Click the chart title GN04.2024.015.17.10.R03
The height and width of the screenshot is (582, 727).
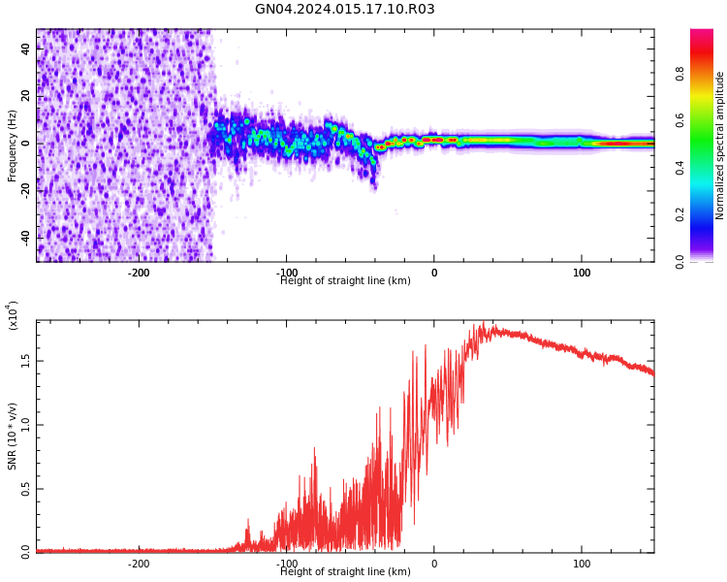tap(345, 10)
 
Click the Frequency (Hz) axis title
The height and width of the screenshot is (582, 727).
tap(13, 145)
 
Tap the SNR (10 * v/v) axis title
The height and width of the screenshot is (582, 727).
tap(13, 437)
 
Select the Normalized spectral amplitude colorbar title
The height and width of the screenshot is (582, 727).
tap(720, 145)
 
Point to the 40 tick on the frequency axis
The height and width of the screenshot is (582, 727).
tap(25, 49)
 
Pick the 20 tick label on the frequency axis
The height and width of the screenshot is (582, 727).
tap(25, 96)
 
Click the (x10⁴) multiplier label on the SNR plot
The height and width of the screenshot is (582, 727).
tap(14, 315)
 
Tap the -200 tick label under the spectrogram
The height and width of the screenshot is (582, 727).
tap(139, 273)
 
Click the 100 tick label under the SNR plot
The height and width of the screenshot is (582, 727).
tap(582, 564)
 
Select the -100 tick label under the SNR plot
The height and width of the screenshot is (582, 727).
tap(287, 564)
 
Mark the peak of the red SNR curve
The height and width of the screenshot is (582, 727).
tap(483, 324)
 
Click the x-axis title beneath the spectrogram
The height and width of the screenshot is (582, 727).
tap(345, 281)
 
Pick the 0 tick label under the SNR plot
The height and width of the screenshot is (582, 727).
tap(434, 564)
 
